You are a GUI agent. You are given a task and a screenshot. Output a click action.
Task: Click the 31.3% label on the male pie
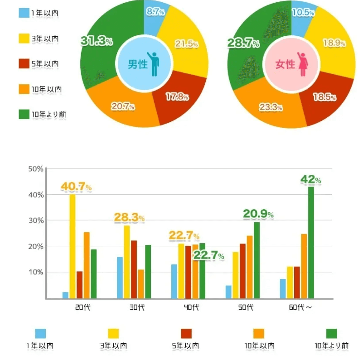pyautogui.click(x=97, y=41)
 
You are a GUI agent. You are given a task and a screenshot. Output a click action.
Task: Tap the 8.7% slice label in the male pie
pyautogui.click(x=155, y=12)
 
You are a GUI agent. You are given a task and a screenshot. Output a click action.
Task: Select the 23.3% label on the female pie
pyautogui.click(x=271, y=107)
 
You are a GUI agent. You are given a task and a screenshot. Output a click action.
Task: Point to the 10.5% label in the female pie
pyautogui.click(x=303, y=12)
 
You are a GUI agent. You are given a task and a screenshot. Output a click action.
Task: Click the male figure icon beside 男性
pyautogui.click(x=155, y=64)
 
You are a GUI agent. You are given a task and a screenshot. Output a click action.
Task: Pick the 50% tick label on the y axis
pyautogui.click(x=36, y=169)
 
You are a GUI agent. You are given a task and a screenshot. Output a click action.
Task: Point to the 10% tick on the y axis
pyautogui.click(x=36, y=272)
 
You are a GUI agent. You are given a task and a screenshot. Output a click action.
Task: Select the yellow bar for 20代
pyautogui.click(x=73, y=246)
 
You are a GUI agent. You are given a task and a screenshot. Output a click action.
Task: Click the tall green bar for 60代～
pyautogui.click(x=311, y=242)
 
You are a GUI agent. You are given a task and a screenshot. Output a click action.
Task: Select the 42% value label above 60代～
pyautogui.click(x=310, y=180)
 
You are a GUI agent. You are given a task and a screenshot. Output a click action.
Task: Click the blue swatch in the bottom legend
pyautogui.click(x=41, y=334)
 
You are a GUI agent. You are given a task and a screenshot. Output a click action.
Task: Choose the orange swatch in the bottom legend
pyautogui.click(x=259, y=334)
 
